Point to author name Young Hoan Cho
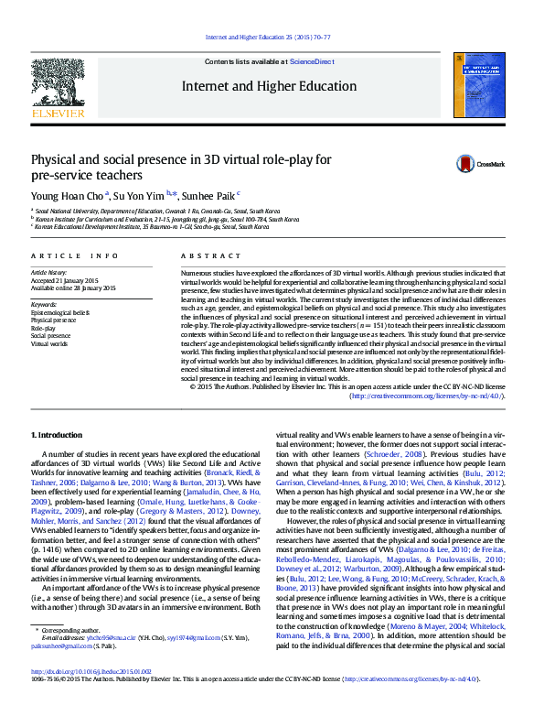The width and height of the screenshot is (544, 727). tap(68, 195)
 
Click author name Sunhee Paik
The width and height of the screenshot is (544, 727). tap(208, 195)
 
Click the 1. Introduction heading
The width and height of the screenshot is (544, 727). tap(57, 434)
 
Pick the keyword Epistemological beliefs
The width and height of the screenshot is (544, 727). tap(60, 312)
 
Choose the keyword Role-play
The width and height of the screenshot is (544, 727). tap(45, 329)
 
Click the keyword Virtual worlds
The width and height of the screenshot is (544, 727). tap(49, 345)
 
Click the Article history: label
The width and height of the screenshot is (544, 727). tap(49, 272)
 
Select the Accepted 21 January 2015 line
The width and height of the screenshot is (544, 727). tap(63, 280)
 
